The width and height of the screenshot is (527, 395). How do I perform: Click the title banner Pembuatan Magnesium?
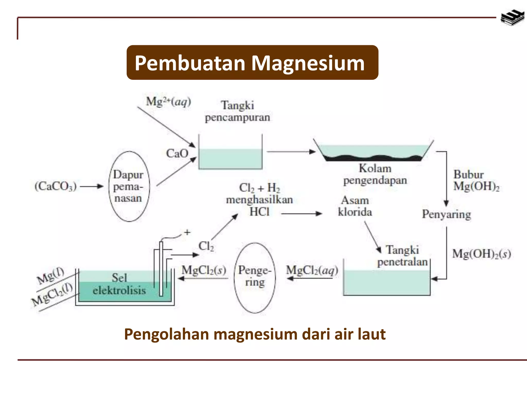point(252,62)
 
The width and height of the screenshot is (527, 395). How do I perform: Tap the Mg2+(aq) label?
point(169,102)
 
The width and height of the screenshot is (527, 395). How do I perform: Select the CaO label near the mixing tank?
point(177,154)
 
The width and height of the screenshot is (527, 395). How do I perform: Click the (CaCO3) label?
point(56,186)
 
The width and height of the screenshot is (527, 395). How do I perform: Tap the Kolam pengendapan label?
point(375,174)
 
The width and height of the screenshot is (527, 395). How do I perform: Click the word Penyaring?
point(446,214)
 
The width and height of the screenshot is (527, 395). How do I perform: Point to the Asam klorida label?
point(355,206)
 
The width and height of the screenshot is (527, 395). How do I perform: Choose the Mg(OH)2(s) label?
point(481,254)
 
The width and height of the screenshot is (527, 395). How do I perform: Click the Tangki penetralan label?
point(402,256)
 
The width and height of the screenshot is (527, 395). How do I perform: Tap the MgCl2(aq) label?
point(312,270)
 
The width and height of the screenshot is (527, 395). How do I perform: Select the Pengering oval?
point(255,278)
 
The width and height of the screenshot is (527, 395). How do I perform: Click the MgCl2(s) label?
point(204,270)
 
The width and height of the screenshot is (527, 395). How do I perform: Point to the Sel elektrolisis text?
point(119,284)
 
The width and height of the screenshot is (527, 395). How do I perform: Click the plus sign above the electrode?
point(187,232)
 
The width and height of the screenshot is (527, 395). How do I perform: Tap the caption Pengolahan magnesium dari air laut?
point(255,334)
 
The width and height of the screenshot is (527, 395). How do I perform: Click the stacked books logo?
point(512,18)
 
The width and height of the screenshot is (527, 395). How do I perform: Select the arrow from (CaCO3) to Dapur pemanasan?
point(91,186)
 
